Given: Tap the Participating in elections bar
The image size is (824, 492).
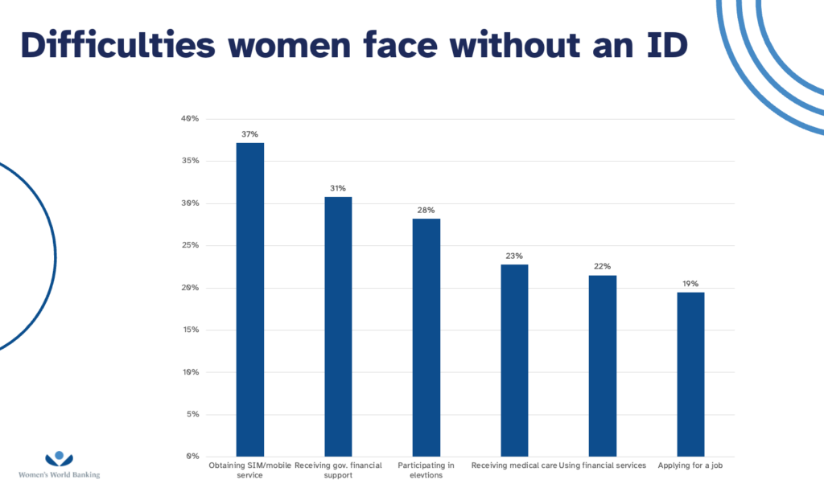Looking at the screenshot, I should coord(426,337).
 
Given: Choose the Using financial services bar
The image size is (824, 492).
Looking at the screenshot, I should coord(602,366).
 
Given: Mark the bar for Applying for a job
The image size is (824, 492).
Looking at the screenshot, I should coord(690,374).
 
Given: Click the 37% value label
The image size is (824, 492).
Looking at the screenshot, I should coord(249,134).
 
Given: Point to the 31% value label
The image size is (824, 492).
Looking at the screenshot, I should coord(338,188).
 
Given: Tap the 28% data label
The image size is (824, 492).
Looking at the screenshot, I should coord(426,210).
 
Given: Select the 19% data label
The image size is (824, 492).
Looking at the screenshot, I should coord(690,284).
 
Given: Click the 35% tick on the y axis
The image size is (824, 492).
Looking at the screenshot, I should coord(191,161).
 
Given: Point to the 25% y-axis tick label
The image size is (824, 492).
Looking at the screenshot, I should coord(191,245).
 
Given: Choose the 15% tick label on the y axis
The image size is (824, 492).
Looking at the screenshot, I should coord(191,330).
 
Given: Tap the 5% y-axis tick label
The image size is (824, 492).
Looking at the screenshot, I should coord(192,415).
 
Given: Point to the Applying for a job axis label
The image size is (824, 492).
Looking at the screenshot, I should coord(690,465).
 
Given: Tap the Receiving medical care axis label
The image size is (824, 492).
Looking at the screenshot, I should coord(514,465).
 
